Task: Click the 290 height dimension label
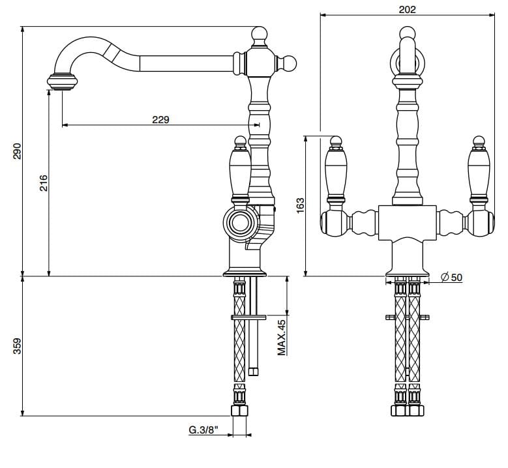18,151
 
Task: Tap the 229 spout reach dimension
160,119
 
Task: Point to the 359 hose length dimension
18,345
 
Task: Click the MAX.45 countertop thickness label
282,338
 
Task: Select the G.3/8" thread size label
203,430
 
